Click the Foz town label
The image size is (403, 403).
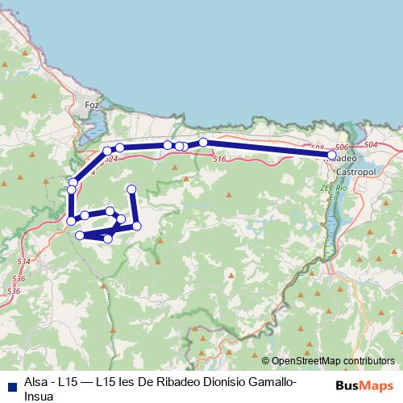point(91,105)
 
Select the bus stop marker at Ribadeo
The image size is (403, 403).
point(332,155)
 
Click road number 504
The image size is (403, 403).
point(371,144)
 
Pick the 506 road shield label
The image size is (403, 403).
point(341,147)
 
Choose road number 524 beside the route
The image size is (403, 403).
point(112,160)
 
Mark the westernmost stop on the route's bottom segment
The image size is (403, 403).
point(80,235)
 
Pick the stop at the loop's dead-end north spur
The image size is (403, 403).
point(131,189)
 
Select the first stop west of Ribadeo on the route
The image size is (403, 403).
point(203,143)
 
